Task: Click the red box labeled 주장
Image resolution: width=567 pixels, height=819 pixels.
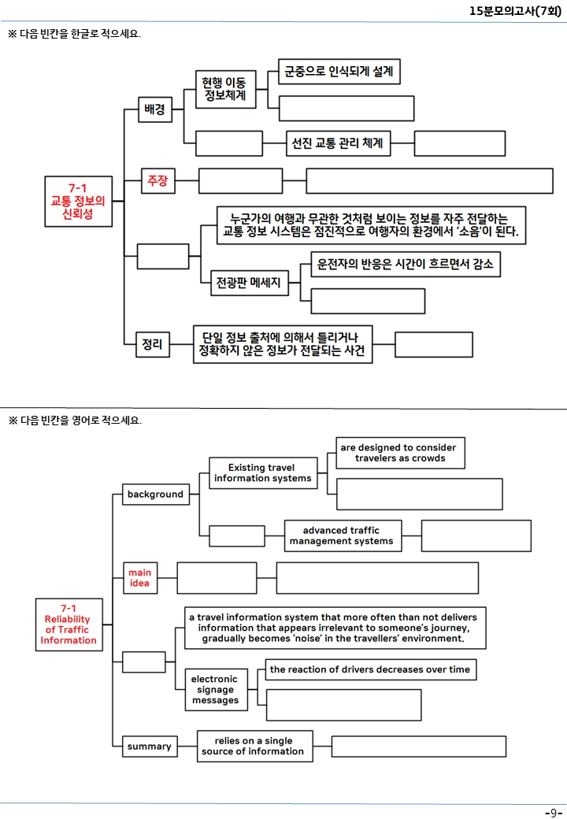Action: coord(157,180)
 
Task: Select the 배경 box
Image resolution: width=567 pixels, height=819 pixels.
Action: coord(155,109)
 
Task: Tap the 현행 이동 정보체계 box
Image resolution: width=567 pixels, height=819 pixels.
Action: coord(225,89)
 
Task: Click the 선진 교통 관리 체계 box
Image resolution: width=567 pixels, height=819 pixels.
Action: coord(338,143)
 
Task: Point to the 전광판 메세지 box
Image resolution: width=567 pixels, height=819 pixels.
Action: coord(250,283)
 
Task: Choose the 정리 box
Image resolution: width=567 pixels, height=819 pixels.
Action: coord(153,344)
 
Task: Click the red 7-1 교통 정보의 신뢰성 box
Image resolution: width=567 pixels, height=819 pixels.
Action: coord(78,201)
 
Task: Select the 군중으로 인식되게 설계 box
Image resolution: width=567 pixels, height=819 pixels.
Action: coord(339,72)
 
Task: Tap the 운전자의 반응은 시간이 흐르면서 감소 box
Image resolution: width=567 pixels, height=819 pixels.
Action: coord(405,264)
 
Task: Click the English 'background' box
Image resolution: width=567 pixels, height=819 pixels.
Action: coord(156,494)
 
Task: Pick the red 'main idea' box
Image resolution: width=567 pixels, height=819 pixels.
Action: coord(140,578)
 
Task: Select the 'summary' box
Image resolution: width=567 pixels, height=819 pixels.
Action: coord(150,746)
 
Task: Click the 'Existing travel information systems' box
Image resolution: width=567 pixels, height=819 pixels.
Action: coord(263,472)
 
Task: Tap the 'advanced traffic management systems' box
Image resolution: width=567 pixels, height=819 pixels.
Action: coord(343,535)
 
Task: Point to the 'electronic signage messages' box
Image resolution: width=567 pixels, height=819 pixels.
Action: coord(216,690)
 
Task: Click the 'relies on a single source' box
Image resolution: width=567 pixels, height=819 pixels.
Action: coord(255,746)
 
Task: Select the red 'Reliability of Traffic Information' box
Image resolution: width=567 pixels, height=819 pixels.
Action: coord(69,624)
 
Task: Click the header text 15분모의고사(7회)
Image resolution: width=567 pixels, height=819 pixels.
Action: coord(515,10)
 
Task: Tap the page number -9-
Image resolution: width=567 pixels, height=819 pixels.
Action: coord(554,812)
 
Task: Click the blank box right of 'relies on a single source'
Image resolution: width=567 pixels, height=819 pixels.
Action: coord(419,746)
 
